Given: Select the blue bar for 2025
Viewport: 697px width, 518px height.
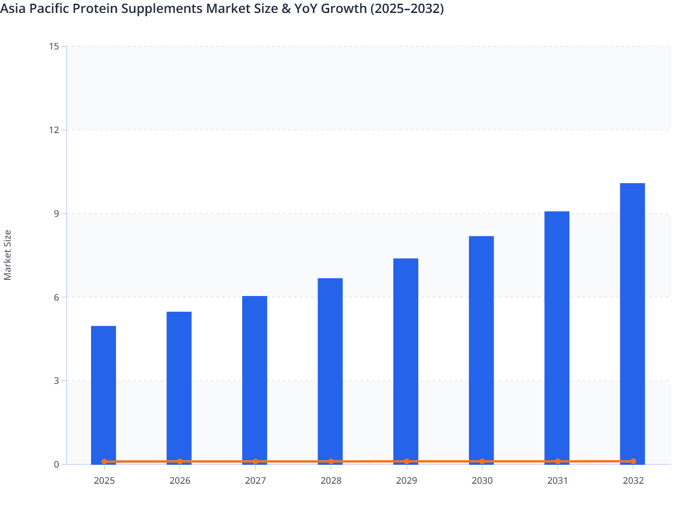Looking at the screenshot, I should tap(104, 393).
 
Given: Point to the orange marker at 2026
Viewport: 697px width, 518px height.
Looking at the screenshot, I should tap(180, 462).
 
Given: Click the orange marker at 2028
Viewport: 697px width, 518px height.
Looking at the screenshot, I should tap(331, 462).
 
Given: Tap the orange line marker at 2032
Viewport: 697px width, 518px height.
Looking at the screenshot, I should tap(633, 462).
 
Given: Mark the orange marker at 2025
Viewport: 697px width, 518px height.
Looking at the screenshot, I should tap(104, 462).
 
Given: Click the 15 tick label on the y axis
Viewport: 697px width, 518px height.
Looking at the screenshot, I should tap(54, 46).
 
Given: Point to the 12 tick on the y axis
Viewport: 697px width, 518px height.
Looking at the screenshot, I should tap(54, 130).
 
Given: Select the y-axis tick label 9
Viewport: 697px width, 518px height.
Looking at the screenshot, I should tap(56, 214).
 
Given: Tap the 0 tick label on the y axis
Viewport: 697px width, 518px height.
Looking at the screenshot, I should tap(56, 464).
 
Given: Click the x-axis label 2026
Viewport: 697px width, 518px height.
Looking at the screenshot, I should tap(180, 481).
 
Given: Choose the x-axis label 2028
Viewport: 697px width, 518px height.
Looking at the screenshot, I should tap(331, 481).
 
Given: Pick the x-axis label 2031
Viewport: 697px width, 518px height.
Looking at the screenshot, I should tap(557, 481).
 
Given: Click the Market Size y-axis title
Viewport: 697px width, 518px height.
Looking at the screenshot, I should tap(8, 255).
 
